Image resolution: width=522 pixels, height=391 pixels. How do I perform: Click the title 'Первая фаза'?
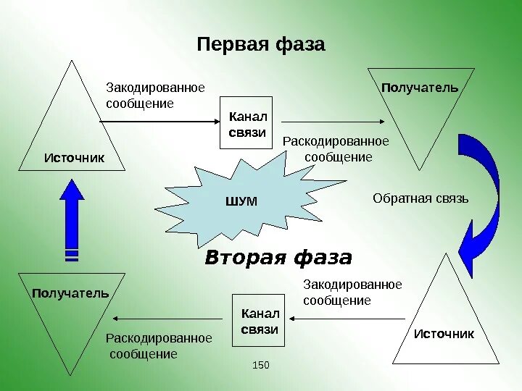click(x=261, y=45)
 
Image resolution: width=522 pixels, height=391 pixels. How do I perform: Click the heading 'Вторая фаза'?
click(x=278, y=258)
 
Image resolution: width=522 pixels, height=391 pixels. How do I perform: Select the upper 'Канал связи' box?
click(x=246, y=123)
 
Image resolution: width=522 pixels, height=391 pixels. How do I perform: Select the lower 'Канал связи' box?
click(x=258, y=321)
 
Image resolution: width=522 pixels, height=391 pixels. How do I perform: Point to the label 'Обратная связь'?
click(x=420, y=198)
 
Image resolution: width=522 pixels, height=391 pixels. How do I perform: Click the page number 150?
click(x=260, y=365)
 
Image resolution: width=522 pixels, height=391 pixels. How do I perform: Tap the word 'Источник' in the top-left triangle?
click(x=74, y=157)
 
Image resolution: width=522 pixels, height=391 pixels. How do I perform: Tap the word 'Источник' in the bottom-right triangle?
click(x=444, y=334)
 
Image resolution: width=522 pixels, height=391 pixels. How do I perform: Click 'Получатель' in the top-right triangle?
click(x=420, y=88)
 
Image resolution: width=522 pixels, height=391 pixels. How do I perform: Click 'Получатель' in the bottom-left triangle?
click(x=70, y=293)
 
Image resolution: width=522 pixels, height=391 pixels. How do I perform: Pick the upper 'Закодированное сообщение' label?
click(x=155, y=96)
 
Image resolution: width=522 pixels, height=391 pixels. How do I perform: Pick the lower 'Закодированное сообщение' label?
click(x=352, y=293)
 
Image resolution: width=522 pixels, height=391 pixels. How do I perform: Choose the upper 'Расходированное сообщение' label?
click(x=336, y=148)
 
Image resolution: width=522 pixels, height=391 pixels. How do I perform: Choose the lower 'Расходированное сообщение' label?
click(x=159, y=346)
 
